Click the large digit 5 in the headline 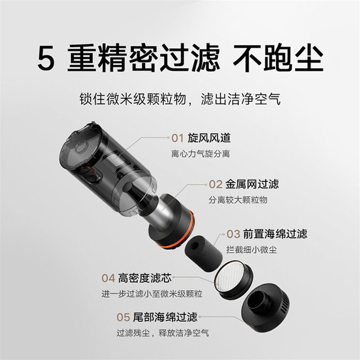click(x=46, y=57)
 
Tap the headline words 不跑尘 click(x=278, y=57)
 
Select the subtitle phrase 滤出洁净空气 click(x=241, y=99)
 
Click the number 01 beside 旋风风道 click(x=178, y=138)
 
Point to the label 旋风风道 click(x=209, y=138)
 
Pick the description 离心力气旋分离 click(x=200, y=154)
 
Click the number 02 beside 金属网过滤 click(x=215, y=184)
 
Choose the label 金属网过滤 click(x=252, y=184)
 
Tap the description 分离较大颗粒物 click(x=238, y=200)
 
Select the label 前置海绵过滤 click(x=275, y=234)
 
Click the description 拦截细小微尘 click(x=251, y=250)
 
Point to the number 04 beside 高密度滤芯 click(x=108, y=278)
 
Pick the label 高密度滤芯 click(x=145, y=278)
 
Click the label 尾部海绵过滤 click(x=165, y=317)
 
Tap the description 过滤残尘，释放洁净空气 click(x=163, y=332)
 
